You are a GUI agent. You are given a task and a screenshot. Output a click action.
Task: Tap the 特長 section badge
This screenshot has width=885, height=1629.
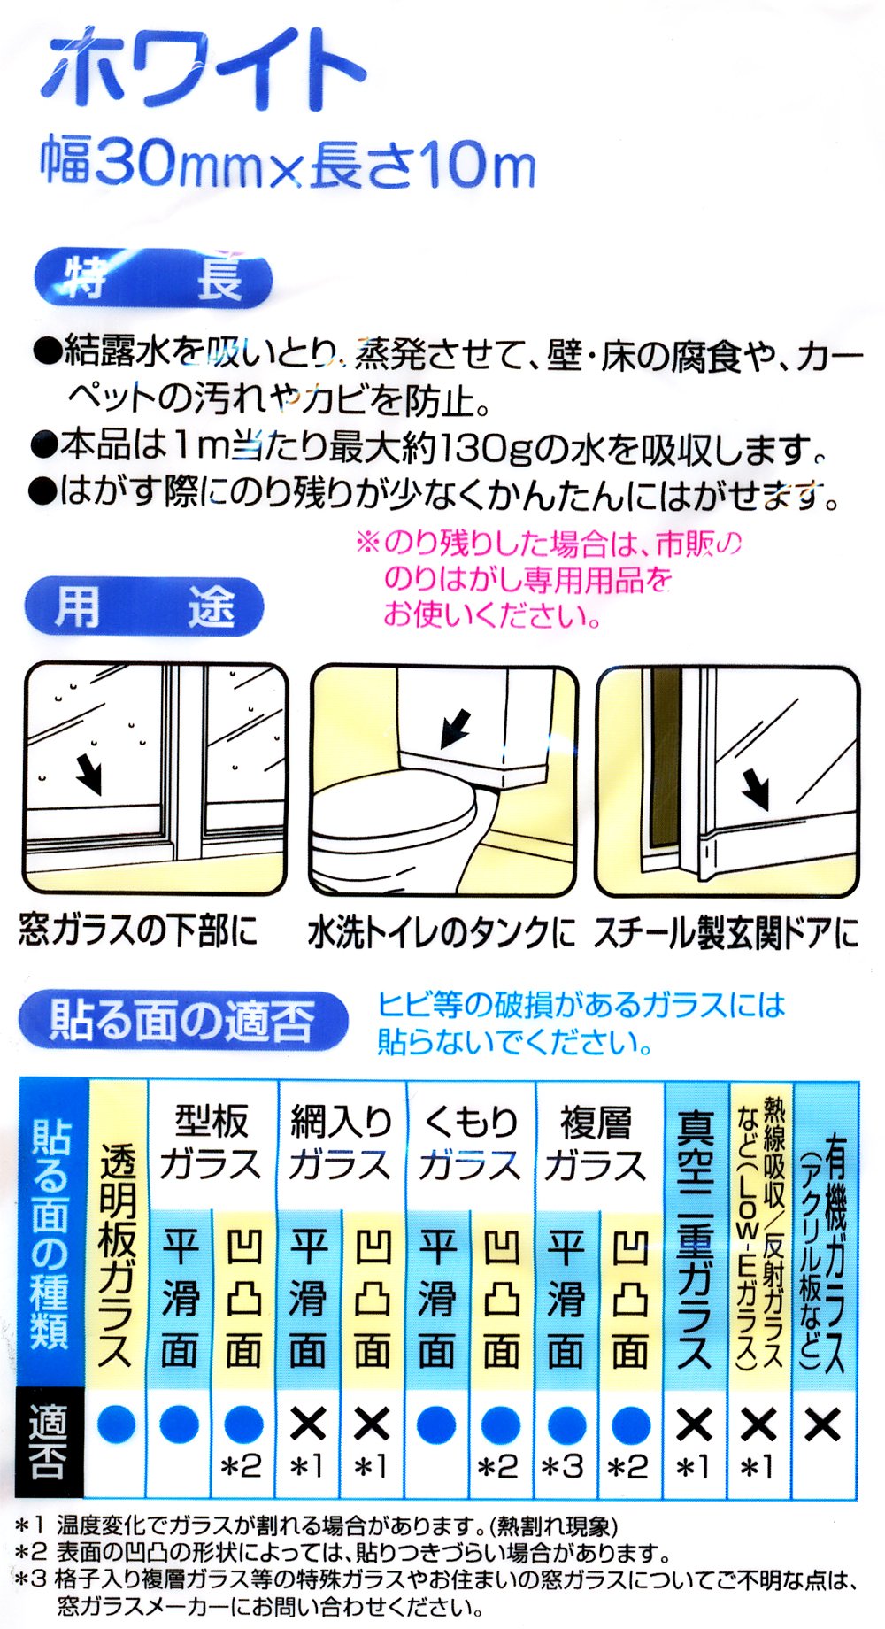pos(152,279)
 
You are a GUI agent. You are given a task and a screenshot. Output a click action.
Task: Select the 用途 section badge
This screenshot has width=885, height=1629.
pos(143,606)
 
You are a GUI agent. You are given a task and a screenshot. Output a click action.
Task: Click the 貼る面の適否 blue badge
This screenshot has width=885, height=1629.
pos(182,1020)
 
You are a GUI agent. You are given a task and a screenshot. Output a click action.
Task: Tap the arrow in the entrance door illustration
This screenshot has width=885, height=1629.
pos(755,788)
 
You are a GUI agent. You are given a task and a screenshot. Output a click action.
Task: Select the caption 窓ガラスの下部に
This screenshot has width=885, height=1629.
pos(138,931)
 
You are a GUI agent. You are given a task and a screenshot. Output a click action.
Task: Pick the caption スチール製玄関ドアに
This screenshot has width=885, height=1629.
pos(726,933)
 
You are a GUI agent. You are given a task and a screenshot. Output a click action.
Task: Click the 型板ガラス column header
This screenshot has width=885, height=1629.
pos(211,1143)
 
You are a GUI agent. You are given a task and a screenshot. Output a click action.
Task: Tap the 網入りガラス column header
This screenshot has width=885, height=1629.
pos(341,1143)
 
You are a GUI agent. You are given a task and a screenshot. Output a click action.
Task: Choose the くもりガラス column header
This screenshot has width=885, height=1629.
pos(469,1143)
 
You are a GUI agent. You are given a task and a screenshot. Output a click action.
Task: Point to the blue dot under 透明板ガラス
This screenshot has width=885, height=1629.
pos(116,1424)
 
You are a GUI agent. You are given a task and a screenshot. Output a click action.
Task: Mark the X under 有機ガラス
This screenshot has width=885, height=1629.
pos(823,1424)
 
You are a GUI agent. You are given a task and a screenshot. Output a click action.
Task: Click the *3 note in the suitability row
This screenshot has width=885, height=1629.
pos(563,1467)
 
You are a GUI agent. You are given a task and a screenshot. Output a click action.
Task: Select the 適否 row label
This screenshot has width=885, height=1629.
pos(48,1441)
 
